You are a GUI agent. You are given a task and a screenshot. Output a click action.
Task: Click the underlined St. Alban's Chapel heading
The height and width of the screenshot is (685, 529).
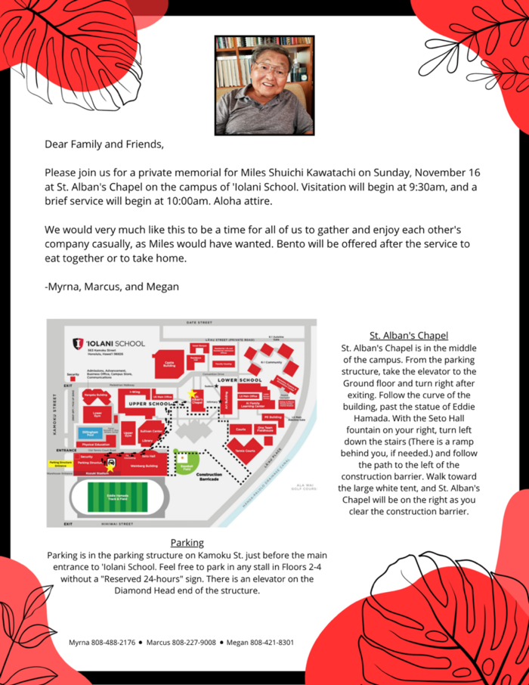[x=409, y=335]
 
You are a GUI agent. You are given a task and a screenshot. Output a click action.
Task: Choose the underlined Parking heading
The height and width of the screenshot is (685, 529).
[x=187, y=542]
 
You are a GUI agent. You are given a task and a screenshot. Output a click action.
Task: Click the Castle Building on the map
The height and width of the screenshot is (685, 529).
[x=169, y=364]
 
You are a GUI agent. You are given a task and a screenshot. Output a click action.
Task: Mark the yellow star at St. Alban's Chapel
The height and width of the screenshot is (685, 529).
[x=191, y=395]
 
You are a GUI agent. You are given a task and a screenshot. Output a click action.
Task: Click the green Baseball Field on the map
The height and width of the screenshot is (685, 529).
[x=185, y=461]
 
